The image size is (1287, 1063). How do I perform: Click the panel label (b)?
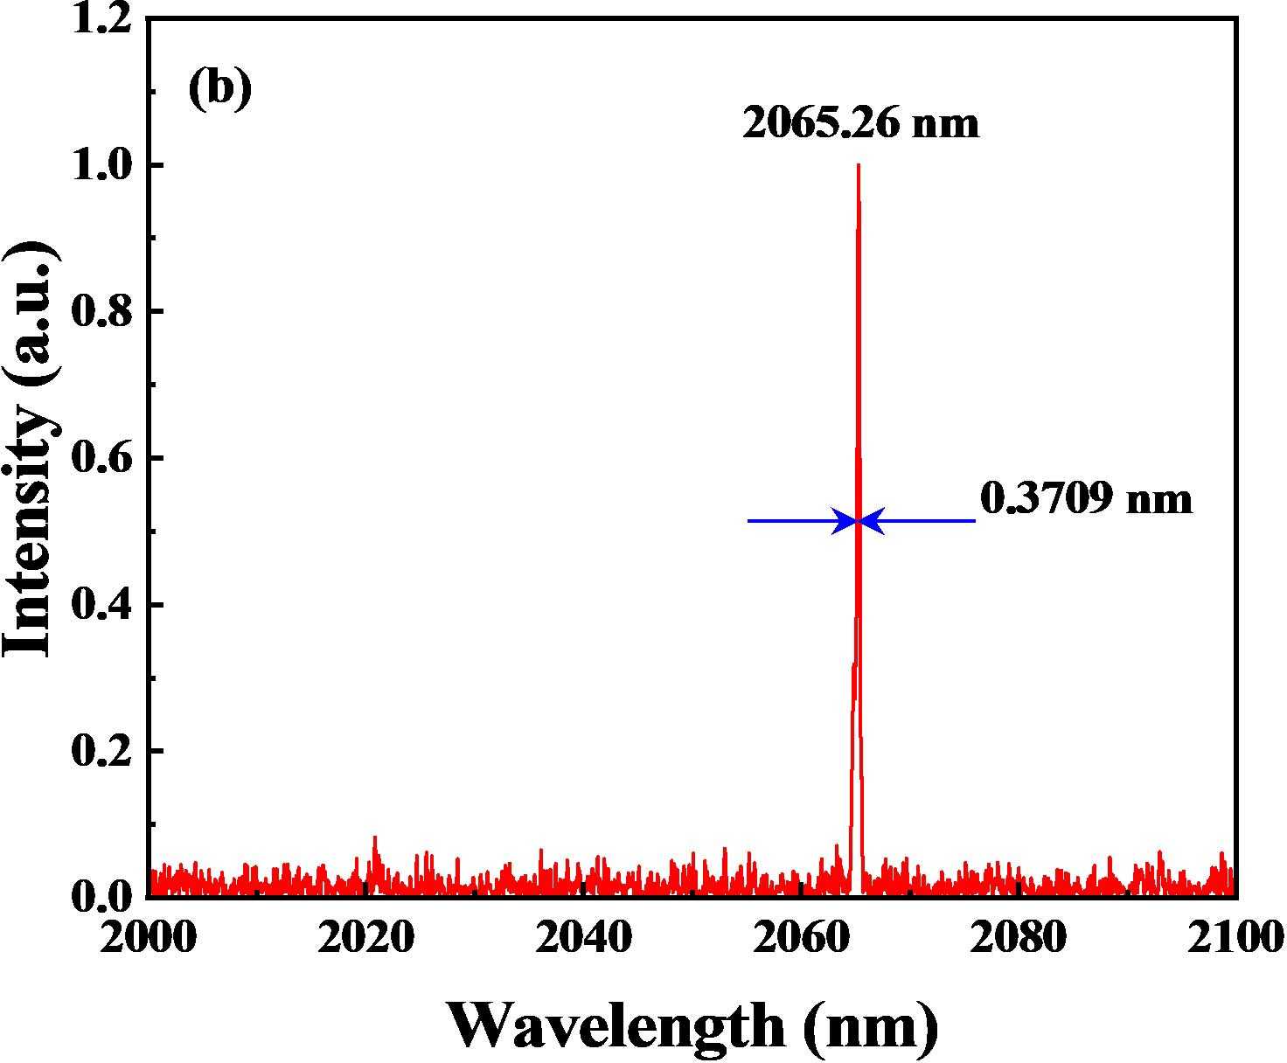pos(219,89)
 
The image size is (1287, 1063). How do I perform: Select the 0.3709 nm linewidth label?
pos(1086,499)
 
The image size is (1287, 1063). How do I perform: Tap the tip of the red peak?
pos(859,166)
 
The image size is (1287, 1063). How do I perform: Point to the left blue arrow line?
pos(796,521)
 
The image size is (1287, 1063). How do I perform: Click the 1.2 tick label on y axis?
pos(104,19)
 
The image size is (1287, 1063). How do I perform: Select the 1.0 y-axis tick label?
pos(104,165)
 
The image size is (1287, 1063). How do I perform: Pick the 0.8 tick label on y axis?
pos(104,312)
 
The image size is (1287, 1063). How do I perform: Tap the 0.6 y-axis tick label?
pos(104,459)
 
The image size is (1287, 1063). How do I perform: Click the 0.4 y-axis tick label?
pos(104,605)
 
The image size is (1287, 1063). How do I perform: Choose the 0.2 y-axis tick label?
pos(104,752)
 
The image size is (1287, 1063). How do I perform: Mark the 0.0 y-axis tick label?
pos(104,897)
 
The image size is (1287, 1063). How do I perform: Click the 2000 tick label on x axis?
pos(150,938)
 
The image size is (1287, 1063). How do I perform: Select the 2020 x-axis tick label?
pos(366,938)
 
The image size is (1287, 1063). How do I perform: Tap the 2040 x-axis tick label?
pos(584,938)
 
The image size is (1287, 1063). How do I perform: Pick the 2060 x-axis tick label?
pos(802,938)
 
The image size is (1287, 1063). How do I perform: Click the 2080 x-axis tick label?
pos(1019,938)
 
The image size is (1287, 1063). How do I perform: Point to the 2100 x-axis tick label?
pos(1234,938)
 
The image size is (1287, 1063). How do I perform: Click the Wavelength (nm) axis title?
pos(693,1025)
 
